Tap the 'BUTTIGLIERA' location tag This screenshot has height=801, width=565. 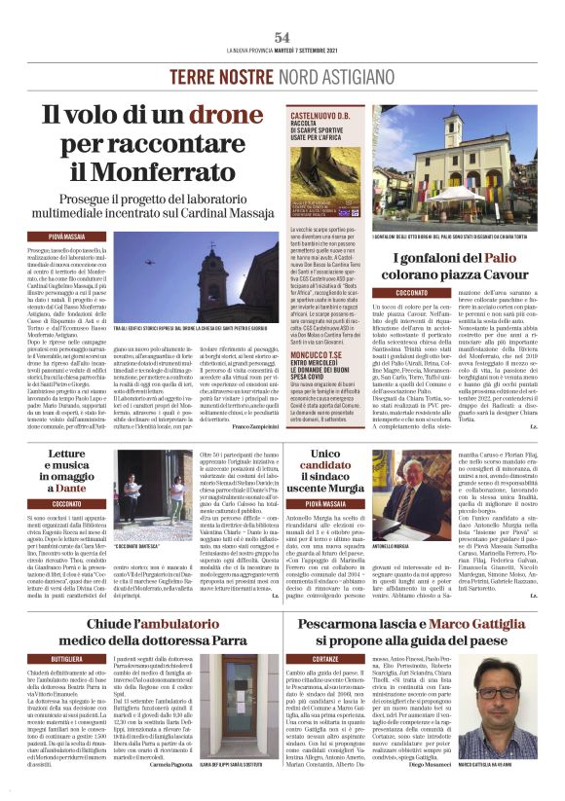(x=67, y=659)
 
